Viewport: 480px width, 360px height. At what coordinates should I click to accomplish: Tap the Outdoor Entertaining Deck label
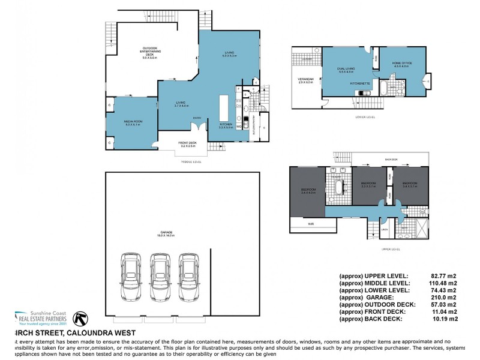click(x=149, y=53)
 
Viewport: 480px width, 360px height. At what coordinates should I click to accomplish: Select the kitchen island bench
click(x=226, y=109)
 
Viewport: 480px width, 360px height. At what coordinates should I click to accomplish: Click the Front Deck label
click(x=187, y=144)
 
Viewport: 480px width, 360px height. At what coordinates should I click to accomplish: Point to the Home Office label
click(x=401, y=65)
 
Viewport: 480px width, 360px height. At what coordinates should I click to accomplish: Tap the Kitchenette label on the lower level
click(x=359, y=83)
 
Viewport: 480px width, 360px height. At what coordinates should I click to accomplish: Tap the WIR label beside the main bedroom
click(x=310, y=224)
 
